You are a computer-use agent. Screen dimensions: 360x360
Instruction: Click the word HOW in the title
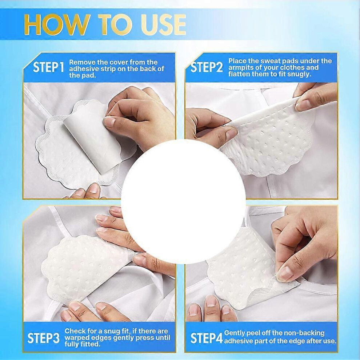(56, 24)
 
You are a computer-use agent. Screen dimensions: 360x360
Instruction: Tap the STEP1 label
(48, 67)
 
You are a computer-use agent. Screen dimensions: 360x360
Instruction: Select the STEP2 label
(207, 67)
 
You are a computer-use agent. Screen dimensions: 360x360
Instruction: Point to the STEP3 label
(43, 338)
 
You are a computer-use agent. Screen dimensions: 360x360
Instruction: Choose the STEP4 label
(206, 338)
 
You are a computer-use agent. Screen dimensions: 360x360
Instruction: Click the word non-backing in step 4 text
(303, 333)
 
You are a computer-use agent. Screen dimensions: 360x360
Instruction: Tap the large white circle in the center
(183, 201)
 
